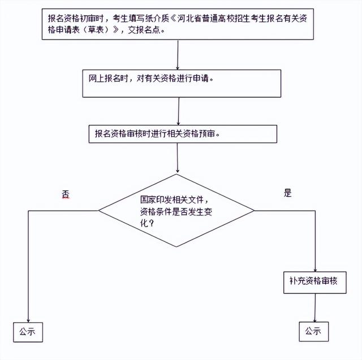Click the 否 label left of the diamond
(x=66, y=194)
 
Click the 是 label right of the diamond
(x=288, y=193)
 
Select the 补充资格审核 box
(x=315, y=283)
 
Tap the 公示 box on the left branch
(x=28, y=332)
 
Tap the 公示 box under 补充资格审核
(x=314, y=332)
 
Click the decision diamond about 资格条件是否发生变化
(x=176, y=210)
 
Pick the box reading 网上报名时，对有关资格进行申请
(x=182, y=84)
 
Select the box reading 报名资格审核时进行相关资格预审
(x=183, y=134)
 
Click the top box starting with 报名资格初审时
(x=178, y=24)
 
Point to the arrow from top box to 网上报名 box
(x=178, y=55)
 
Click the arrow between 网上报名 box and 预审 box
(x=179, y=111)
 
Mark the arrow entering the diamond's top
(x=177, y=158)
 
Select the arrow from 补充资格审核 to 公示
(x=315, y=307)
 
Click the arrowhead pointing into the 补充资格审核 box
(x=315, y=270)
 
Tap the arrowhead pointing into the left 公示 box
(x=28, y=321)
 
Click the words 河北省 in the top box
(x=189, y=19)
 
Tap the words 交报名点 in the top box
(x=144, y=30)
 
